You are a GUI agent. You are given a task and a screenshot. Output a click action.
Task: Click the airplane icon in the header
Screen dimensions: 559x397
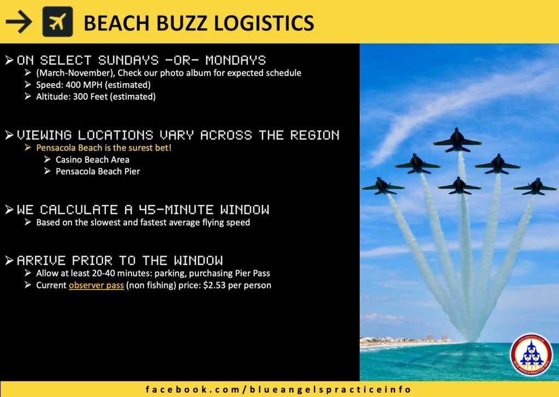click(x=57, y=22)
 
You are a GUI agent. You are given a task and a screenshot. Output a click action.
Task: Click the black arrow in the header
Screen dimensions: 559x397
click(x=19, y=22)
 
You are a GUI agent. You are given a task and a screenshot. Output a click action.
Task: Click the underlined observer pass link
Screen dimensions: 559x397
click(x=96, y=286)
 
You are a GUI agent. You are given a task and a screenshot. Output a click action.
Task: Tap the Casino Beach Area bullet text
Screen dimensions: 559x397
click(x=92, y=160)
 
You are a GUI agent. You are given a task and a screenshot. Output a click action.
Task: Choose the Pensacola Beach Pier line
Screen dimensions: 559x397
click(x=98, y=171)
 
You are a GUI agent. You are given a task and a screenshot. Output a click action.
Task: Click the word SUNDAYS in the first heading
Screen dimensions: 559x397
click(x=128, y=60)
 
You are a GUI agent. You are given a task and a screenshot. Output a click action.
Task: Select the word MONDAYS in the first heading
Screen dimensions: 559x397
click(x=236, y=60)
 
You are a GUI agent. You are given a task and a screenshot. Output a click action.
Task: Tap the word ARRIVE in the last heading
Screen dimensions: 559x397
click(x=41, y=260)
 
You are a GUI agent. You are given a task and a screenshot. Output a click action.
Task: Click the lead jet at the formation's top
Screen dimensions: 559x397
click(x=457, y=140)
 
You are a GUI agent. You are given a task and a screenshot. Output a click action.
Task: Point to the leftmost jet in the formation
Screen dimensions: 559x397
click(x=383, y=186)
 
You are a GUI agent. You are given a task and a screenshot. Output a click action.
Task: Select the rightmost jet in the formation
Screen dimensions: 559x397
click(x=535, y=187)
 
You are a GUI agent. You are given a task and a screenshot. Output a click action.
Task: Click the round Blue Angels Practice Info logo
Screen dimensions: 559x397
click(x=532, y=354)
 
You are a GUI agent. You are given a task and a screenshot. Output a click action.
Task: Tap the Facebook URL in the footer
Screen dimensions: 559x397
click(x=278, y=389)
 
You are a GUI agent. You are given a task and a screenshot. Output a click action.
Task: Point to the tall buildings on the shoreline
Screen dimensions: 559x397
click(x=437, y=337)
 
